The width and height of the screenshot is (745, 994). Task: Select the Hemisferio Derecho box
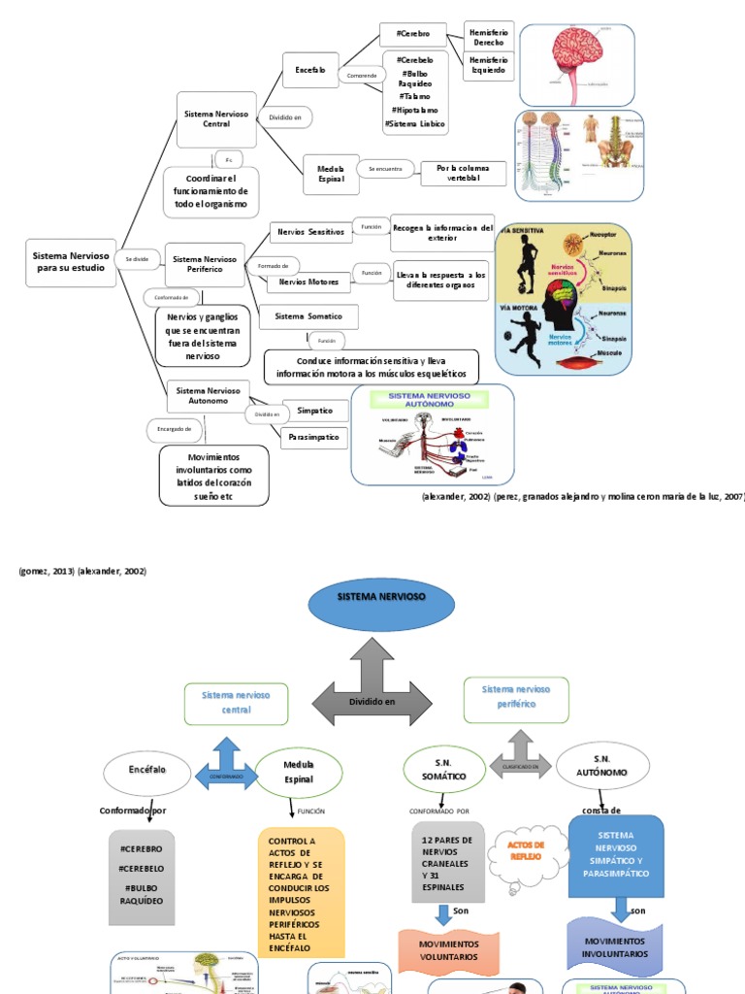(x=488, y=37)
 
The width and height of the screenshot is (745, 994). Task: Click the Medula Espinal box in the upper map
(x=324, y=174)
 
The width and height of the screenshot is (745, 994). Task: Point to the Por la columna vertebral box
(x=463, y=174)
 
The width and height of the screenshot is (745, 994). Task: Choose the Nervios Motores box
(x=308, y=282)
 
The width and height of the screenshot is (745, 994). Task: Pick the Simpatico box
(x=314, y=411)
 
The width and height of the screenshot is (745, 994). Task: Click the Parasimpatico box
(x=314, y=438)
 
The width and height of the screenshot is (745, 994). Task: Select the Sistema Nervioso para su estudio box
(x=71, y=262)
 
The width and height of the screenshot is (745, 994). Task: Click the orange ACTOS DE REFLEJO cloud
(x=528, y=850)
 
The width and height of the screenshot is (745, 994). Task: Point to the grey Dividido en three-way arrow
(x=372, y=691)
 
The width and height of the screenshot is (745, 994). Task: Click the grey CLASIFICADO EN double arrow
(x=520, y=758)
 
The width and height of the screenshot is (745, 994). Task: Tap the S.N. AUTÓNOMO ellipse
(x=601, y=766)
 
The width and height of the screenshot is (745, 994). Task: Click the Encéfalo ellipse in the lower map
(x=142, y=772)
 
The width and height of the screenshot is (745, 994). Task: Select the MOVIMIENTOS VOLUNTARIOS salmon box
(x=448, y=949)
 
